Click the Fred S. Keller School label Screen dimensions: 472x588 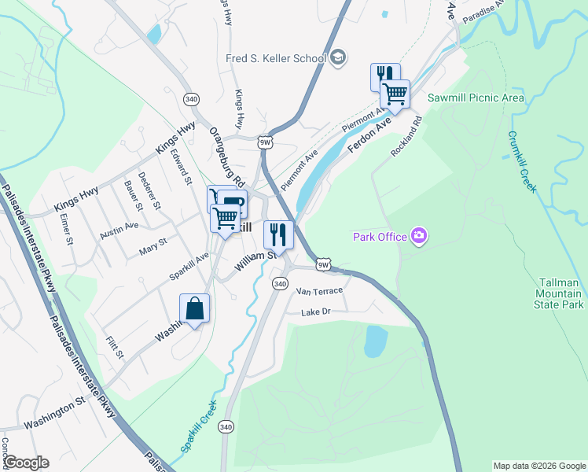pyautogui.click(x=275, y=57)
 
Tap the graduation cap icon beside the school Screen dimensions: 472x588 pyautogui.click(x=338, y=57)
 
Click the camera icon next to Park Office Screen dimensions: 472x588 pyautogui.click(x=419, y=236)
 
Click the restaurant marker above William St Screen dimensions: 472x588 pyautogui.click(x=278, y=234)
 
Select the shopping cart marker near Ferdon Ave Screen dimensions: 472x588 pyautogui.click(x=395, y=94)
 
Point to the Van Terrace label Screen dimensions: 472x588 pyautogui.click(x=319, y=291)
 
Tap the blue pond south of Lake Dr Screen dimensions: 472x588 pyautogui.click(x=376, y=341)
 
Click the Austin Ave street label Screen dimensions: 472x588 pyautogui.click(x=119, y=230)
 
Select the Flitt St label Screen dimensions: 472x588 pyautogui.click(x=115, y=347)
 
